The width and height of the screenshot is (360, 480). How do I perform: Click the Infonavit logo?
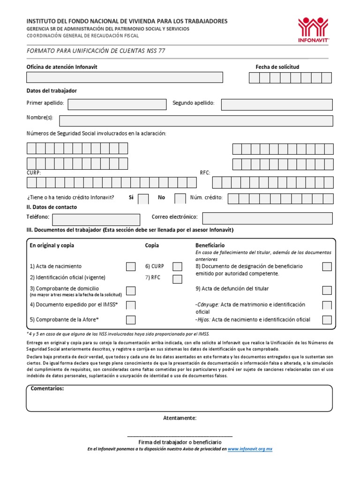coord(314,30)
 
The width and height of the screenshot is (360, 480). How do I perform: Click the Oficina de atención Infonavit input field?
coord(124,77)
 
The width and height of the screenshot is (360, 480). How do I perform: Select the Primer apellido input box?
coord(117,104)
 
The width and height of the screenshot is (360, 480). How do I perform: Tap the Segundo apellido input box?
coord(277,105)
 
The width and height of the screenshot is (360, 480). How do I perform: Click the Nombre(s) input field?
coord(196,121)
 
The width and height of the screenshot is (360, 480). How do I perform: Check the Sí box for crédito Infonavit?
coord(143,198)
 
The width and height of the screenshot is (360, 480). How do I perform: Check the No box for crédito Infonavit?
coord(180,198)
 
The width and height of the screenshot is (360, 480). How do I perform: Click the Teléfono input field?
coord(96,219)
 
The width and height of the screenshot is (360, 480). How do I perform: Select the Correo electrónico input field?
coord(267,218)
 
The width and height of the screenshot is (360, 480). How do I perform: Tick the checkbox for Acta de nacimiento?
coord(131,267)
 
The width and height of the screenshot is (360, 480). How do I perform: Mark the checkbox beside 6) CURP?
coord(177,267)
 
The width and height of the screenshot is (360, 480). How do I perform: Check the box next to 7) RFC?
coord(177,279)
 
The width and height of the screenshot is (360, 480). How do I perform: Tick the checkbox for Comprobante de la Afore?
coord(131,320)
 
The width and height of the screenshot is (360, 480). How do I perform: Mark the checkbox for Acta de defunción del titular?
coord(327,290)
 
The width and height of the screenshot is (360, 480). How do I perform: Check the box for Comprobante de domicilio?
coord(131,291)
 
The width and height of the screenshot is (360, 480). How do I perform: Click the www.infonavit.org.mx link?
coord(250,449)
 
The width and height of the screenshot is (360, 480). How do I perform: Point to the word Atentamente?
coord(180,418)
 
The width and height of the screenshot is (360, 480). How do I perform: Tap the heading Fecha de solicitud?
coord(277,67)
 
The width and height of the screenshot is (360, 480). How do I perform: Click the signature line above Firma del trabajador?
coord(180,436)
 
